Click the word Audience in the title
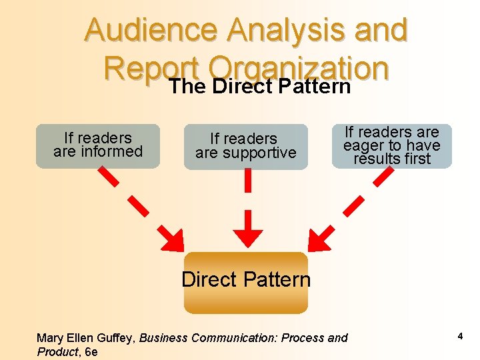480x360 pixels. click(x=152, y=31)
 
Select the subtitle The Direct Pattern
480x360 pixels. click(x=259, y=87)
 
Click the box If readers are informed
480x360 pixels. click(x=98, y=145)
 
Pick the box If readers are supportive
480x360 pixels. click(x=245, y=146)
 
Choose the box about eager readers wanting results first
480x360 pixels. click(x=391, y=145)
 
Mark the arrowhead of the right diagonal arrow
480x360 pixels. click(x=319, y=239)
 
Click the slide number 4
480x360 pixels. click(x=460, y=337)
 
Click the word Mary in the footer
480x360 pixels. click(x=50, y=338)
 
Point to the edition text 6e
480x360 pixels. click(x=91, y=352)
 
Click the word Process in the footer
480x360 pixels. click(x=303, y=338)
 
